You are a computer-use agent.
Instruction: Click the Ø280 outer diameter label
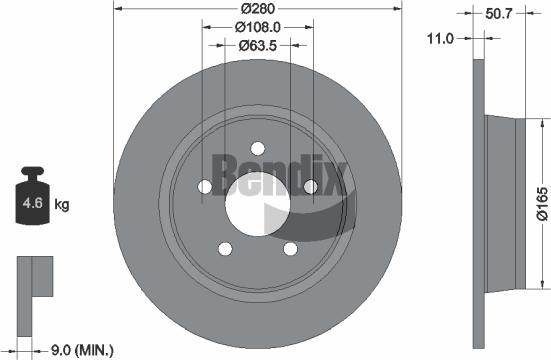coord(258,10)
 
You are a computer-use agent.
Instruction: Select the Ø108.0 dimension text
coord(258,28)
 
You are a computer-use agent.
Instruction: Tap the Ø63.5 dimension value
coord(258,45)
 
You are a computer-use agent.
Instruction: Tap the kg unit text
coord(61,205)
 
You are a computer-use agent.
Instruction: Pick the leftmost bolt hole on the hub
coord(205,186)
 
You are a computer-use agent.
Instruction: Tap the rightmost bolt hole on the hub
coord(310,186)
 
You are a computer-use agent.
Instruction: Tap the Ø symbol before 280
coord(243,10)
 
